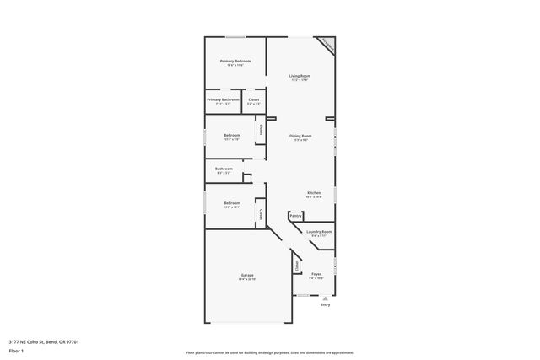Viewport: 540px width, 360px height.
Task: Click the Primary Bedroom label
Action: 236,61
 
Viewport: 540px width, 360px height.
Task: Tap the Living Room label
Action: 300,76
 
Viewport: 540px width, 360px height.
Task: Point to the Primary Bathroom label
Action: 224,99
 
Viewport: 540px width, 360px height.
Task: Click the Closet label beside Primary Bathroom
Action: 253,99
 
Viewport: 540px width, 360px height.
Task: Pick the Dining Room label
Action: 300,136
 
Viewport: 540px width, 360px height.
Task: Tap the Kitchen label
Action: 313,192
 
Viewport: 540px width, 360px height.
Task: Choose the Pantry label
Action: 295,216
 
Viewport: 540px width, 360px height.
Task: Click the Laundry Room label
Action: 319,231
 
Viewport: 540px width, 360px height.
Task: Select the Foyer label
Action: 316,274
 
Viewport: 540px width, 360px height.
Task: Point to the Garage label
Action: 247,275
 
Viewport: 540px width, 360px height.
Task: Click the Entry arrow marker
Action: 325,298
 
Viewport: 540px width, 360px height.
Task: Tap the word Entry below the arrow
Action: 325,305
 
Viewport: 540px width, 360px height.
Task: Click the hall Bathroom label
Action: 224,169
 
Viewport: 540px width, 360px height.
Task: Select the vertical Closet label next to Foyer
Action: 296,265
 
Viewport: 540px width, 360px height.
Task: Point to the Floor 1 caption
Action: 17,348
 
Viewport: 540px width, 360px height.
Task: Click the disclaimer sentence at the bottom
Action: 269,352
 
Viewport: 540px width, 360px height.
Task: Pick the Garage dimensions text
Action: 247,279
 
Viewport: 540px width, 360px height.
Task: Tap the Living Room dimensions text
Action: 300,81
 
